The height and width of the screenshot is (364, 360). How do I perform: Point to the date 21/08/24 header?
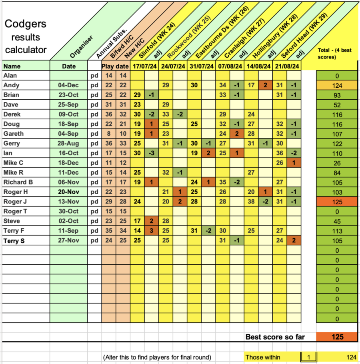coord(286,66)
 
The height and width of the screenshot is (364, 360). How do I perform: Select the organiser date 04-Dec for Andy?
coord(69,85)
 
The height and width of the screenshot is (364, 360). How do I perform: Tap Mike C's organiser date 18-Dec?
coord(69,163)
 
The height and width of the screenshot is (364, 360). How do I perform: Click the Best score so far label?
coord(275,337)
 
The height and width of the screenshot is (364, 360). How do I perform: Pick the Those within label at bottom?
coord(263,357)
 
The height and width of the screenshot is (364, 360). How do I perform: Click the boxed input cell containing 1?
coord(308,357)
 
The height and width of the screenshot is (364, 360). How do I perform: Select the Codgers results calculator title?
coord(26,37)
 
